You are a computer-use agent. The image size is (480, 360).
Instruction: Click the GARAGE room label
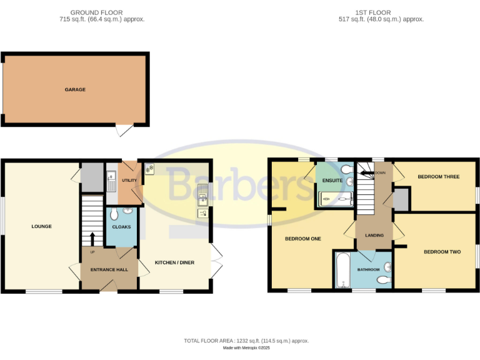pos(75,90)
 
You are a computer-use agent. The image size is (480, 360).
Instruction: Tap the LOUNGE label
pos(41,226)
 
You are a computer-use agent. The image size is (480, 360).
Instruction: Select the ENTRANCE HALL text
pos(109,269)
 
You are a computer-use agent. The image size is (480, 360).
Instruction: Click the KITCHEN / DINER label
pos(174,262)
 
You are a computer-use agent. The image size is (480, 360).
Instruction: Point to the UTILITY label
pos(129,181)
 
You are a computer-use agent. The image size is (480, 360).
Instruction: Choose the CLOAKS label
pos(121,227)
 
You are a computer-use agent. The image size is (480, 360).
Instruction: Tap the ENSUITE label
pos(332,181)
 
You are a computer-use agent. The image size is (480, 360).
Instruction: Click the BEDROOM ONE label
pos(302,239)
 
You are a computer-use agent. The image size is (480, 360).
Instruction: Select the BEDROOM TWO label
pos(442,252)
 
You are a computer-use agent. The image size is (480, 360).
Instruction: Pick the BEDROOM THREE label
pos(438,177)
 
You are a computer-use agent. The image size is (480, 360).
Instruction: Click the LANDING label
pos(374,235)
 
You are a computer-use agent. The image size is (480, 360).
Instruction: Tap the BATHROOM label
pos(368,270)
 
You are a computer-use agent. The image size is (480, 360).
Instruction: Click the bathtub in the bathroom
pos(342,271)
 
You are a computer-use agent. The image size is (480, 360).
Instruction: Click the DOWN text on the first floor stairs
pos(380,172)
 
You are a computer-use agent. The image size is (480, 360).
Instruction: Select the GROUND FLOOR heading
pos(96,12)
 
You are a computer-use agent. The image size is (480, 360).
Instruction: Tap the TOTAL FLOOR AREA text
pos(246,341)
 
